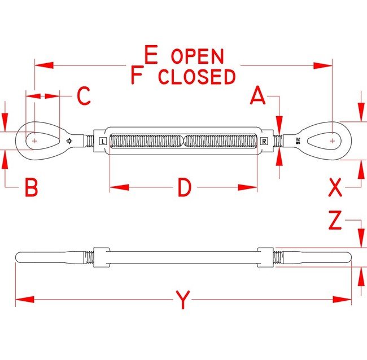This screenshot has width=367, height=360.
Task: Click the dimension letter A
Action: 258,96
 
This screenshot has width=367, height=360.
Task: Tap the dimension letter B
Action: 31,187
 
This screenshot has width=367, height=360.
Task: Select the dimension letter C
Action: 83,96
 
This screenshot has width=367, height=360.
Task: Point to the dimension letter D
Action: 184,188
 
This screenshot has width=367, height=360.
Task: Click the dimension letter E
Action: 150,55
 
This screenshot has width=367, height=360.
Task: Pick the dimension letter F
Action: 136,75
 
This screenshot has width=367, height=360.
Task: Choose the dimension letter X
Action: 335,187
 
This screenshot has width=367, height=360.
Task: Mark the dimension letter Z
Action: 335,222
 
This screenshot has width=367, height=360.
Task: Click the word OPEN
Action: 197,56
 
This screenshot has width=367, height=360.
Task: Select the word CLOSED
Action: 196,76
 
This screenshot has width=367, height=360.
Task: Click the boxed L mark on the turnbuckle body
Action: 102,141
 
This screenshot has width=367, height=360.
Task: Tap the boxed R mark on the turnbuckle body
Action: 264,141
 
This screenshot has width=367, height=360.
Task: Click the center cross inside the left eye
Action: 35,139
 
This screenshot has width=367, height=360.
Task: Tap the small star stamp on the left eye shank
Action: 69,141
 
